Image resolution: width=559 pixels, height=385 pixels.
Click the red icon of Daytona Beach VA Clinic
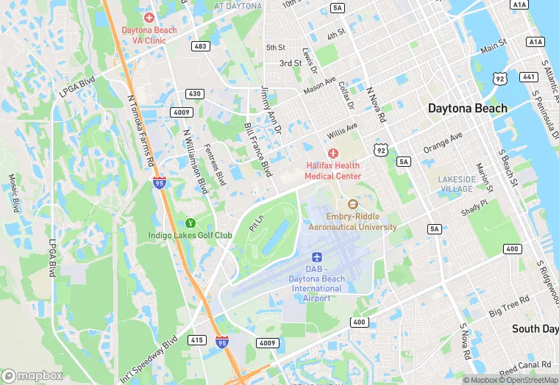149,17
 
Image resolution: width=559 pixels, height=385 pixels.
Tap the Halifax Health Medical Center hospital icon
332,153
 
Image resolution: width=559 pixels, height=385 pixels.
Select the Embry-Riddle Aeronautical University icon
352,204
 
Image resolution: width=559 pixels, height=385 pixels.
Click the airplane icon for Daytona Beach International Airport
317,256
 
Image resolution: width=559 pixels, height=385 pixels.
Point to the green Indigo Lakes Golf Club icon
191,223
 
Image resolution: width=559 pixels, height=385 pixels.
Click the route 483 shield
199,46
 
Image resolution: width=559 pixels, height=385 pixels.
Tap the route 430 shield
194,94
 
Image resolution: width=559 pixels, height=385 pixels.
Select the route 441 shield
528,76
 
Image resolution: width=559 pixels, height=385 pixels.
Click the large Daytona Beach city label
468,108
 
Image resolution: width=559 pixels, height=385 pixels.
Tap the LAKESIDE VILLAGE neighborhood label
456,184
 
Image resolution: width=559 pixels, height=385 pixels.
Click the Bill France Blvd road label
257,149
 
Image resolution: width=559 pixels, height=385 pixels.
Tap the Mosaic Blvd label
13,192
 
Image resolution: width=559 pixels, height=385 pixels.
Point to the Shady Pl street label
474,209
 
